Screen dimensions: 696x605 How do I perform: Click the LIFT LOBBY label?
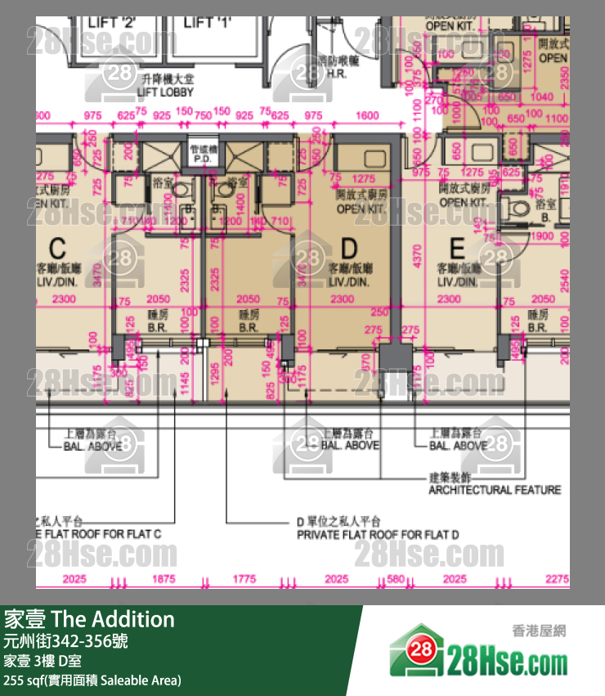pos(165,92)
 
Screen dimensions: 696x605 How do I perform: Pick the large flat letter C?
pos(57,247)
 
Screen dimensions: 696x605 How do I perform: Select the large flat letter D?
pos(349,247)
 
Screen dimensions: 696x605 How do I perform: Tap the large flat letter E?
pos(456,247)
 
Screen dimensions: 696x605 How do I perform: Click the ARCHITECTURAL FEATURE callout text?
pos(495,490)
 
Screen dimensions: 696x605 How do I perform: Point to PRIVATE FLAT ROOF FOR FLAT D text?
pos(377,535)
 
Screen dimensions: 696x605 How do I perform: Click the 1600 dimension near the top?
pos(368,116)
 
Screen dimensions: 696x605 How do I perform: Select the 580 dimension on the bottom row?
pos(397,580)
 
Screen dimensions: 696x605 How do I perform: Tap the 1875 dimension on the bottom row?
pos(164,580)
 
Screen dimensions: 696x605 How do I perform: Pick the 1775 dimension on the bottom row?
pos(245,580)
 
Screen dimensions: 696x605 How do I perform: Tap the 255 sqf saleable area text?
pos(92,680)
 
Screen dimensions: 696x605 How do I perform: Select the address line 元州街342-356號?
pos(66,640)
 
